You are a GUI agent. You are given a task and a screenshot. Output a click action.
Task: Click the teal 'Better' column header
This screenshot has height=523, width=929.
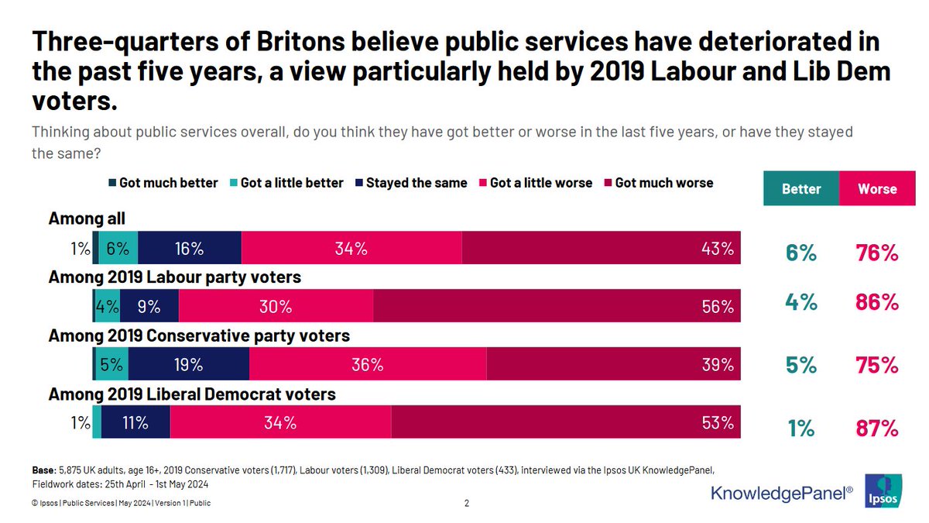pyautogui.click(x=801, y=188)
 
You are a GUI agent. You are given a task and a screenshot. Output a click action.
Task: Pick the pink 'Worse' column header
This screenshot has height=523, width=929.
pyautogui.click(x=877, y=188)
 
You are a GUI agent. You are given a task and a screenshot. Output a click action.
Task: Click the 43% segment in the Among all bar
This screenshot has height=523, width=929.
pyautogui.click(x=601, y=248)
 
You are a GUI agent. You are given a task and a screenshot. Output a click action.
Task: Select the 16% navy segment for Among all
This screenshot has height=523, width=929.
pyautogui.click(x=190, y=248)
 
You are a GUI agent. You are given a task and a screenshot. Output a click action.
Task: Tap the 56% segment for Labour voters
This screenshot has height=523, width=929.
pyautogui.click(x=557, y=306)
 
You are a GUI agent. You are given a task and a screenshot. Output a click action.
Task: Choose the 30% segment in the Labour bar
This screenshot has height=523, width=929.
pyautogui.click(x=276, y=306)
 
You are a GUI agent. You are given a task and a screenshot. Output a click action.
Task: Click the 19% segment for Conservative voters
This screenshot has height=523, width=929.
pyautogui.click(x=189, y=364)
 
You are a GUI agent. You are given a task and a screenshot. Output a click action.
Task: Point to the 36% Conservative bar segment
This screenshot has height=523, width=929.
pyautogui.click(x=367, y=364)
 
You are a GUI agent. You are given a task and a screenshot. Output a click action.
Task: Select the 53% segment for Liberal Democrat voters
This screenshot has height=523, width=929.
pyautogui.click(x=566, y=422)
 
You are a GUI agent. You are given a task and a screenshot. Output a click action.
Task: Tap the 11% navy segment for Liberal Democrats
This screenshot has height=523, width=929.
pyautogui.click(x=135, y=422)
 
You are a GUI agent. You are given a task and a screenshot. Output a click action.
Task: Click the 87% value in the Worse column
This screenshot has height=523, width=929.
pyautogui.click(x=877, y=428)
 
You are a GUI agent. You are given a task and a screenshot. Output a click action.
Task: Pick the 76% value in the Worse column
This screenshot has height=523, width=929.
pyautogui.click(x=877, y=253)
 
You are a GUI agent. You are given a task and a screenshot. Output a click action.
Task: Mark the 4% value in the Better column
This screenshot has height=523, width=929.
pyautogui.click(x=801, y=302)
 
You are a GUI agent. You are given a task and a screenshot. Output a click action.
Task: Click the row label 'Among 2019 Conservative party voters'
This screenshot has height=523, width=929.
pyautogui.click(x=199, y=335)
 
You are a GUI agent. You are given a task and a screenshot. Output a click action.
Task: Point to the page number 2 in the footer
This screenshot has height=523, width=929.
pyautogui.click(x=467, y=503)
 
